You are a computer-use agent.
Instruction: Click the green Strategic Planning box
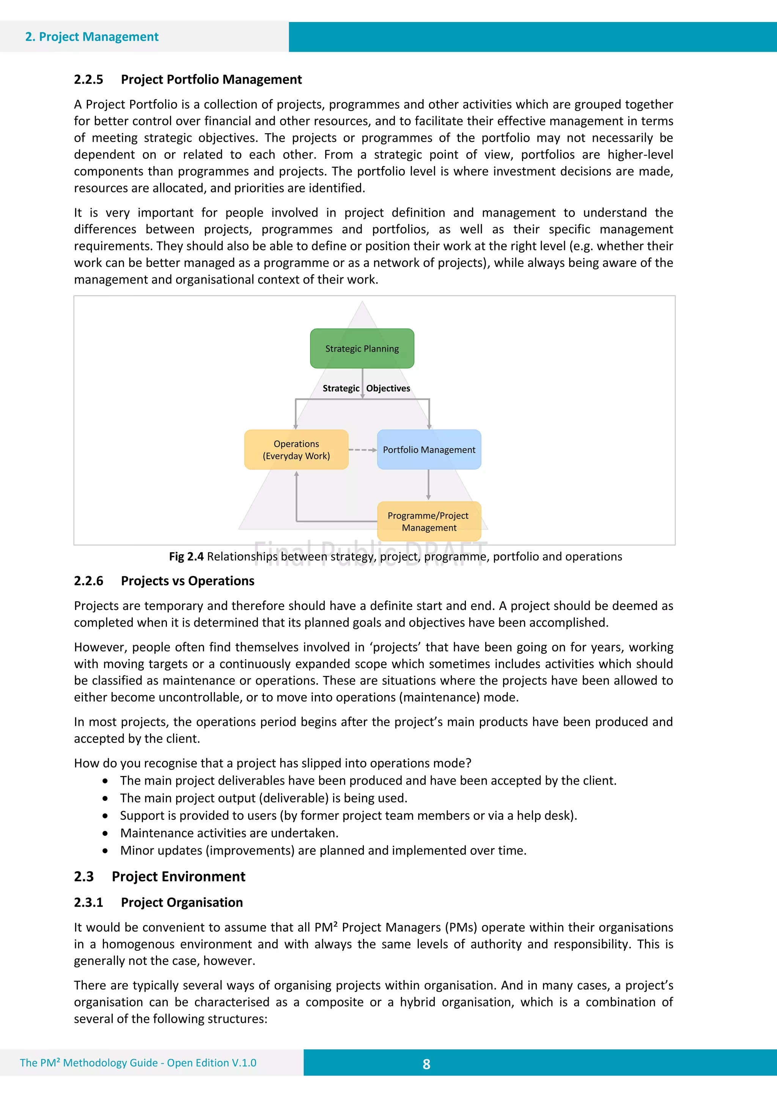(x=362, y=349)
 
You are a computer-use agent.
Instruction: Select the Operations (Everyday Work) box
(x=296, y=450)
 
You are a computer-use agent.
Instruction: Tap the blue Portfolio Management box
(x=429, y=450)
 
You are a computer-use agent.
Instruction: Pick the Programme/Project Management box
(x=429, y=521)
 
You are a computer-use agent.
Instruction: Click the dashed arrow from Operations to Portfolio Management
(x=362, y=450)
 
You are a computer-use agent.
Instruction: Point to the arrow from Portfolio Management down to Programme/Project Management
(x=428, y=485)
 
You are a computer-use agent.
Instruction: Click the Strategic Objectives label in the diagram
(x=366, y=388)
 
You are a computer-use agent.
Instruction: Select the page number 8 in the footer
(x=426, y=1064)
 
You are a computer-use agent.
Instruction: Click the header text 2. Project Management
(x=91, y=37)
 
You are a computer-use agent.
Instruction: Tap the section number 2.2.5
(x=88, y=79)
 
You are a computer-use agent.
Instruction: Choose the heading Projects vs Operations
(x=188, y=581)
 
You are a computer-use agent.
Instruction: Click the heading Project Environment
(x=179, y=876)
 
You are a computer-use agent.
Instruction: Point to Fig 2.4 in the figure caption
(x=186, y=556)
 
